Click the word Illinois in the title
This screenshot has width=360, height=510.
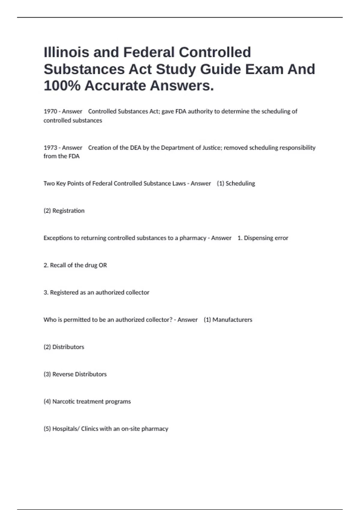point(67,52)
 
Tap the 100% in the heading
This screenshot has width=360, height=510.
point(62,86)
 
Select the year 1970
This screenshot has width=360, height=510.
point(50,111)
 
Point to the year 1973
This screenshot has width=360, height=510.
point(50,148)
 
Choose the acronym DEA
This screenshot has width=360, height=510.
point(135,148)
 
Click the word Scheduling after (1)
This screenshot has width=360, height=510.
point(240,183)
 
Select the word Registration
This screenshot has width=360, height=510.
point(68,211)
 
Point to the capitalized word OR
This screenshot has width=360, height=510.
point(103,265)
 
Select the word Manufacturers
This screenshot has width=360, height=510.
point(232,320)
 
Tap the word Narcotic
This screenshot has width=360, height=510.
point(64,401)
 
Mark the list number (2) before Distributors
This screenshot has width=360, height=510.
point(47,347)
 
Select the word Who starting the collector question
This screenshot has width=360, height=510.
point(50,320)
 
